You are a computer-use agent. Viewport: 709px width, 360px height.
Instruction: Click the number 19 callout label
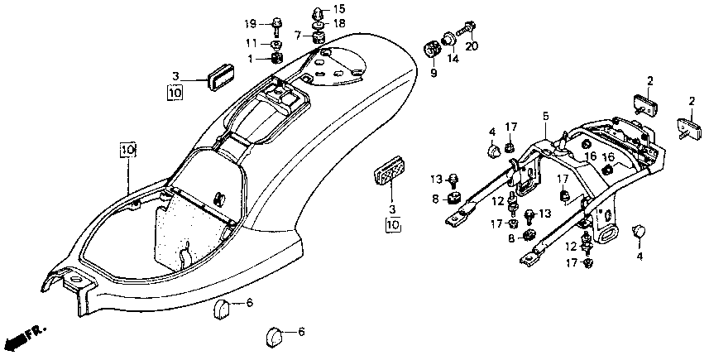click(251, 23)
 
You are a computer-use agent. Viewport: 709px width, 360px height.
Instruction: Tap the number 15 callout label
click(338, 8)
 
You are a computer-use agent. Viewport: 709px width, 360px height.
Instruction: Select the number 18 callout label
click(338, 23)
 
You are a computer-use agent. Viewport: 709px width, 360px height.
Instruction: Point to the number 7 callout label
click(297, 35)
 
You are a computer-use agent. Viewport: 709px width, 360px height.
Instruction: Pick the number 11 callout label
click(252, 43)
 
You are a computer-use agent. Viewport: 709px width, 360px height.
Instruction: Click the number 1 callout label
click(250, 58)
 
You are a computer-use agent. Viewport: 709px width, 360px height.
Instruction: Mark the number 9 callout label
click(434, 72)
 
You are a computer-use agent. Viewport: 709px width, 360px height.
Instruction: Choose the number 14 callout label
click(453, 59)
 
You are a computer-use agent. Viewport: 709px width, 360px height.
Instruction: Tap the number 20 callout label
click(472, 46)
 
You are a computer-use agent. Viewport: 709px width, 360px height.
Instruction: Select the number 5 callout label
click(546, 116)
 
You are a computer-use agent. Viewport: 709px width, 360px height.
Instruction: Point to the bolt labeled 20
click(465, 29)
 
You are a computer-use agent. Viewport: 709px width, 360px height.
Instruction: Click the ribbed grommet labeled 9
click(432, 48)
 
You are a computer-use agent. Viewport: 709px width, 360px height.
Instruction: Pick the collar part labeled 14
click(448, 39)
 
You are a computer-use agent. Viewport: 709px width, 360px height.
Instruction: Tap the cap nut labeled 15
click(319, 11)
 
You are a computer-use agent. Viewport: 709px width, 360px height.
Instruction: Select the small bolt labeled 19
click(275, 26)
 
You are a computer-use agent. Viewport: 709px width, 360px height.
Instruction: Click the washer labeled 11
click(276, 44)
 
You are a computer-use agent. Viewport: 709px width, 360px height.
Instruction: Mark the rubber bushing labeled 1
click(276, 58)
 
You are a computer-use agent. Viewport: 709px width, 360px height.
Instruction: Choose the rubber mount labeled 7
click(319, 36)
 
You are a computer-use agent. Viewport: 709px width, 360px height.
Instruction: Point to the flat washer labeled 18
click(319, 23)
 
